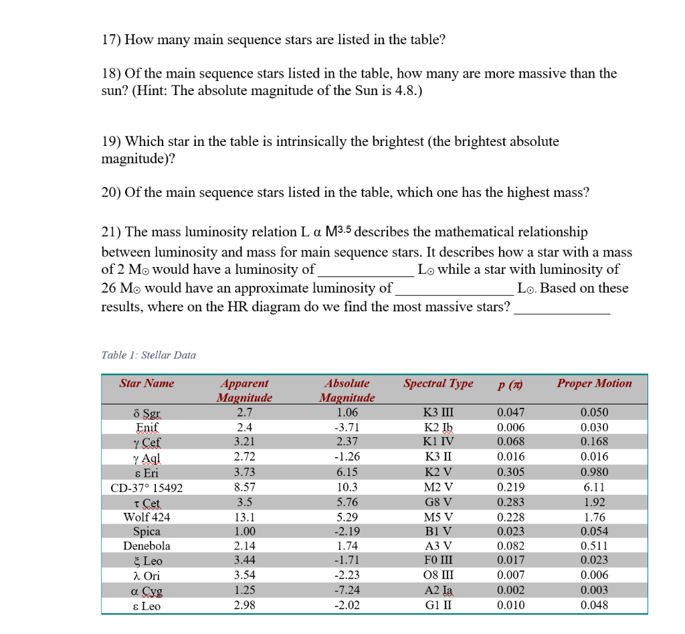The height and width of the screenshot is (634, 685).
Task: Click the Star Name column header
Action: pos(146,384)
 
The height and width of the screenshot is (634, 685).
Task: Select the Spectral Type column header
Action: pos(438,384)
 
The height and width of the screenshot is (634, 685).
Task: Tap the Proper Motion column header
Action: pos(594,384)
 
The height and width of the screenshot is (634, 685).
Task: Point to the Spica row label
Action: pos(146,532)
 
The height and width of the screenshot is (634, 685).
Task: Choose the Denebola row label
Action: pos(146,546)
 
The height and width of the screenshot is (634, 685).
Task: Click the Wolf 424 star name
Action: pos(146,517)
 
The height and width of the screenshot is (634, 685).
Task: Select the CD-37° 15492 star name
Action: pos(146,488)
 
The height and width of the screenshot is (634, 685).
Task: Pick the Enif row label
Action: pos(146,427)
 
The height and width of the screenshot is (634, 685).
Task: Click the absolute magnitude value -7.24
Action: pos(347,590)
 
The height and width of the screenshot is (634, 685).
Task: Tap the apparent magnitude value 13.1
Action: pos(245,517)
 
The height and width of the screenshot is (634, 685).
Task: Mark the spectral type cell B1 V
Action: pos(439,532)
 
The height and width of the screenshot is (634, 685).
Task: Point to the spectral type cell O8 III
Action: pos(439,576)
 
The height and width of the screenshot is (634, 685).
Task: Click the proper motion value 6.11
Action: pos(594,487)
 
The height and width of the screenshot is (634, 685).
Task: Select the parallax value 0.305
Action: pos(511,473)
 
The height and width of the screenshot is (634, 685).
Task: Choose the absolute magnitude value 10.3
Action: pos(347,487)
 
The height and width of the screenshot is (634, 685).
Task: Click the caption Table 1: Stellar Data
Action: pos(149,355)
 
